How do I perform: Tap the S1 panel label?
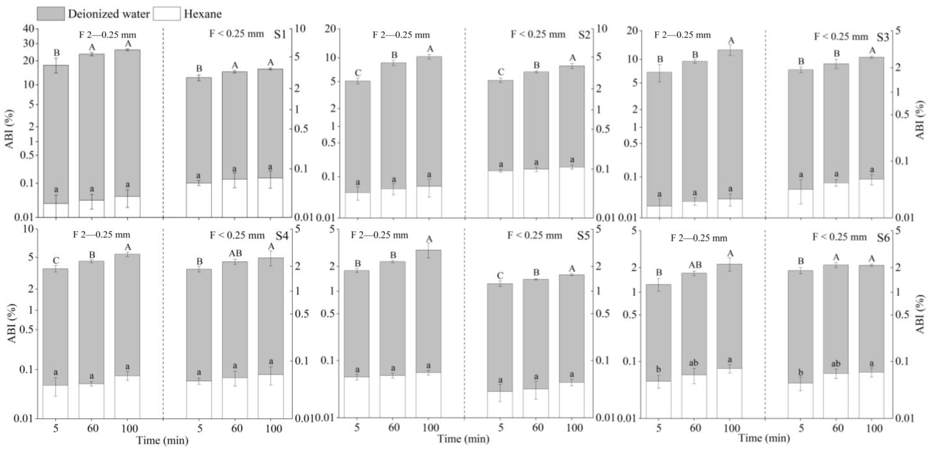pos(280,34)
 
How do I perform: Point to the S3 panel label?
pos(883,37)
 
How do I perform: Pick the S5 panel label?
pos(583,236)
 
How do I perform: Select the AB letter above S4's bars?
pos(235,253)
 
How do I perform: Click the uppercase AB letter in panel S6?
pos(695,265)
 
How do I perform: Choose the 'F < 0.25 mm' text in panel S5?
pos(535,235)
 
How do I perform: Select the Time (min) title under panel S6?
pos(764,438)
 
